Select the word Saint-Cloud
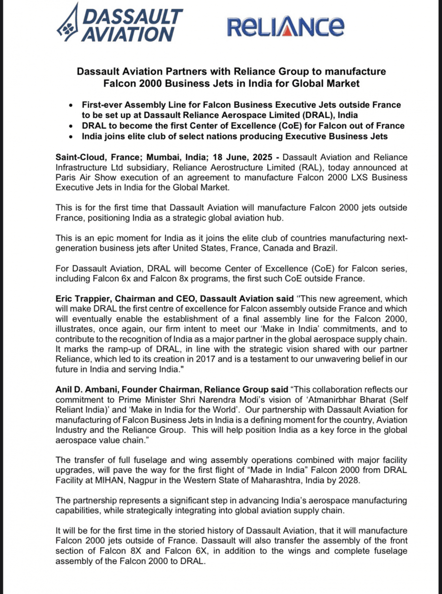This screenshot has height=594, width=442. click(79, 157)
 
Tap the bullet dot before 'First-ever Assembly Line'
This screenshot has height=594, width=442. click(72, 105)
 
